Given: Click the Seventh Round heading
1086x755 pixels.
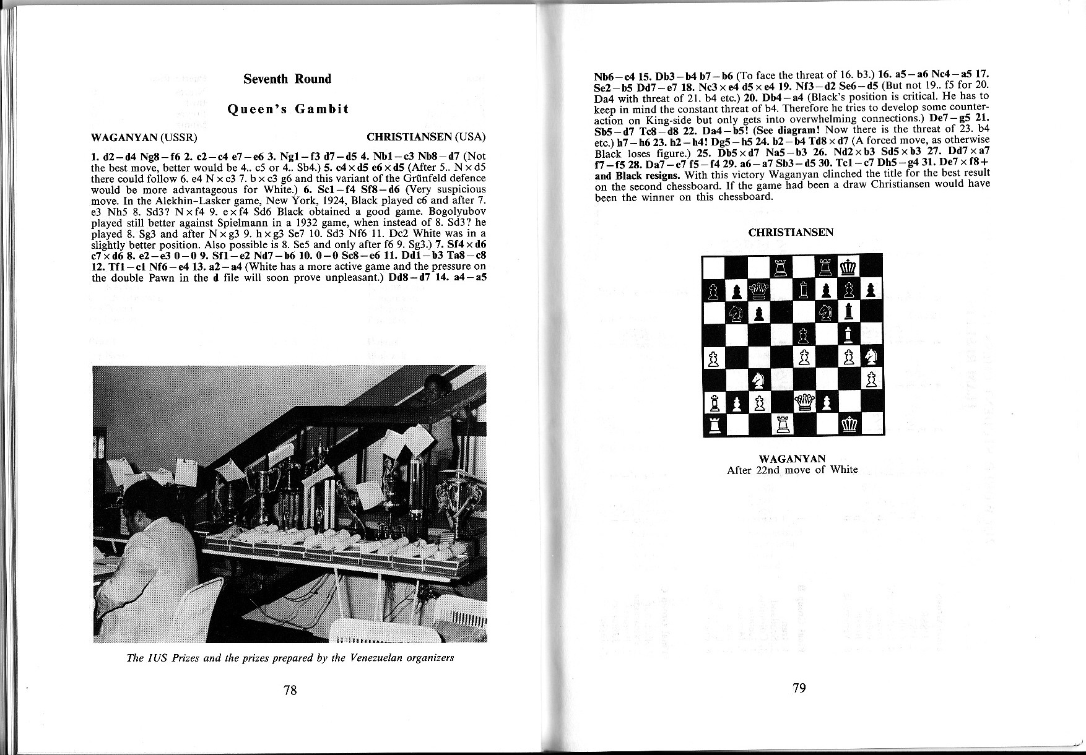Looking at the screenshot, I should click(287, 79).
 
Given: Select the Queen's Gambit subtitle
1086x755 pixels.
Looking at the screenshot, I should click(288, 109).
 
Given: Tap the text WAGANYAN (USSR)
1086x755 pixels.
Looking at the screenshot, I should click(144, 137).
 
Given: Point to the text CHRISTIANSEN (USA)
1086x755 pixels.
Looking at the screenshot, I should click(426, 137).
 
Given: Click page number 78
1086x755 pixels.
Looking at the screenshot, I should click(290, 690).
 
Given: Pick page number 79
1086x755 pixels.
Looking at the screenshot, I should click(799, 688).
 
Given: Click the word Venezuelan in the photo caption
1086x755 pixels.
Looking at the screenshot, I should click(377, 657).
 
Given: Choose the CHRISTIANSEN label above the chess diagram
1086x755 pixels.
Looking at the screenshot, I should click(791, 233).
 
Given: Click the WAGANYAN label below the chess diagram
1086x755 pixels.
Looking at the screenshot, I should click(792, 459).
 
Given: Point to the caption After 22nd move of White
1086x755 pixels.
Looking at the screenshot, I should click(792, 470).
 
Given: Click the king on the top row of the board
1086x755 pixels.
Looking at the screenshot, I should click(849, 267).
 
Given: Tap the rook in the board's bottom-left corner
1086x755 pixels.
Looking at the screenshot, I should click(715, 425).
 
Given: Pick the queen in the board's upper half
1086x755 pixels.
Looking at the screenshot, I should click(759, 289).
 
